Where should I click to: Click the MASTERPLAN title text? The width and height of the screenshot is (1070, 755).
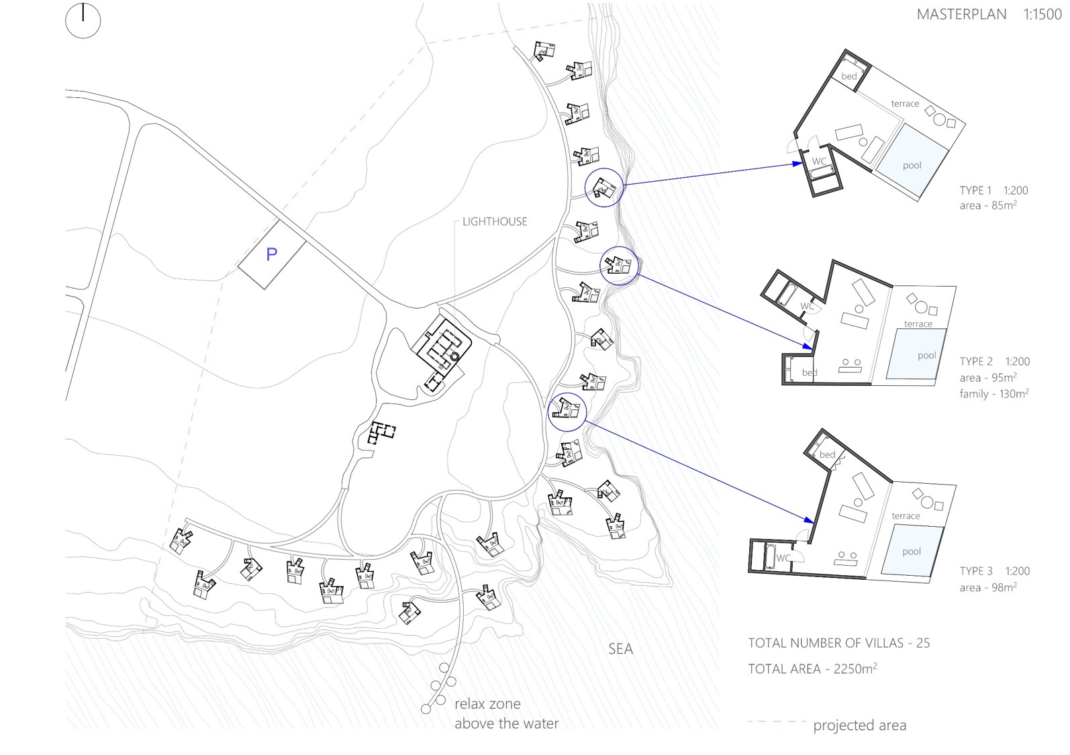(x=961, y=14)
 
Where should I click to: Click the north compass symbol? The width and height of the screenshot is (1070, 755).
(x=83, y=21)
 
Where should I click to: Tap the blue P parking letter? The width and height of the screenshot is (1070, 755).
(x=271, y=254)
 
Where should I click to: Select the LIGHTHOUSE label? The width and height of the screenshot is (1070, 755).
(x=495, y=221)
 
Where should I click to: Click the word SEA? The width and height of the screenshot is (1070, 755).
(x=620, y=649)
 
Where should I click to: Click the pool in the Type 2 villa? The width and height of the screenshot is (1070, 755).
(x=916, y=354)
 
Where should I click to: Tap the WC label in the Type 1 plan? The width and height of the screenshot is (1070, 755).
(x=819, y=162)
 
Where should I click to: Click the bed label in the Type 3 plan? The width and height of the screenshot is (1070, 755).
(x=828, y=454)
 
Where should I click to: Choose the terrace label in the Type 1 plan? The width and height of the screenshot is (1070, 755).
(x=905, y=103)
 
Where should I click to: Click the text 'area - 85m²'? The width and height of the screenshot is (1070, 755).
(x=988, y=205)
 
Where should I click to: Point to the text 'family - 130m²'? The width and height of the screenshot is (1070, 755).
(x=994, y=394)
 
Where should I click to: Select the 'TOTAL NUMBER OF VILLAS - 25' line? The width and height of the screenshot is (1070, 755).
(x=839, y=643)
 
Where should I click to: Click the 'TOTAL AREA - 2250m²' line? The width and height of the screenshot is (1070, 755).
(x=812, y=668)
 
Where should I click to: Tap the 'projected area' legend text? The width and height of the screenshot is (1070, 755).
(x=859, y=725)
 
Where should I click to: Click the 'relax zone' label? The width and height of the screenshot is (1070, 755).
(x=487, y=704)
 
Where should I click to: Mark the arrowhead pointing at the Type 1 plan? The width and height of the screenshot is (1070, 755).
(x=797, y=163)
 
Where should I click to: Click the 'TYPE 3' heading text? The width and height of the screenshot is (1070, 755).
(x=976, y=571)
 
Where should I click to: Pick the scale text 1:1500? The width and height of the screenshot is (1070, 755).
(x=1042, y=14)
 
